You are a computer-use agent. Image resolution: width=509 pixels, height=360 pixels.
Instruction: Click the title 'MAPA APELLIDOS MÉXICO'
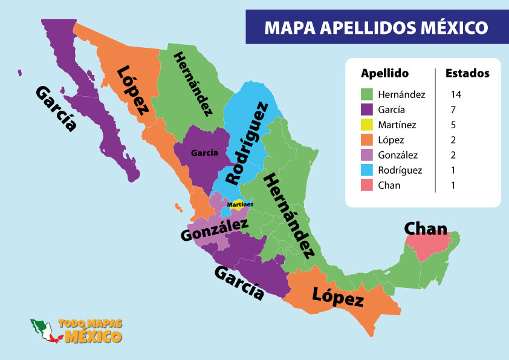pyautogui.click(x=376, y=28)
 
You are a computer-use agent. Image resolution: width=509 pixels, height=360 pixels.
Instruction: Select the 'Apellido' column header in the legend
pyautogui.click(x=384, y=74)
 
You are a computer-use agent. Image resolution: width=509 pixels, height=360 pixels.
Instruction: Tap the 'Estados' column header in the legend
pyautogui.click(x=467, y=74)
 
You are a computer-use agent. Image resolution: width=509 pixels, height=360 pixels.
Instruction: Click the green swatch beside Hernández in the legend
pyautogui.click(x=366, y=94)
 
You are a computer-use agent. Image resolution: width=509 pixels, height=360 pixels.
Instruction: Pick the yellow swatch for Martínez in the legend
pyautogui.click(x=366, y=125)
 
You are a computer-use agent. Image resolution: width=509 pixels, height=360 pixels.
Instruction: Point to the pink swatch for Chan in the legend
pyautogui.click(x=366, y=185)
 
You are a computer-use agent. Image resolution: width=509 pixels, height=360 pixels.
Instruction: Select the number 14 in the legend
pyautogui.click(x=456, y=94)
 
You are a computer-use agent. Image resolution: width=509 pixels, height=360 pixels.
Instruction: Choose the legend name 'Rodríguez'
pyautogui.click(x=400, y=170)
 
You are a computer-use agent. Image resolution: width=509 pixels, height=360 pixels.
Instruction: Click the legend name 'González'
pyautogui.click(x=398, y=155)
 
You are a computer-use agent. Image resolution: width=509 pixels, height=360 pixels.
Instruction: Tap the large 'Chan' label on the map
pyautogui.click(x=426, y=229)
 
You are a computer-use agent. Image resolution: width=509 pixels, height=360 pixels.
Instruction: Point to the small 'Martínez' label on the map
pyautogui.click(x=240, y=205)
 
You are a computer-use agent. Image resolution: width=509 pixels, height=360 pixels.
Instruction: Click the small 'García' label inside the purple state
pyautogui.click(x=204, y=154)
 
